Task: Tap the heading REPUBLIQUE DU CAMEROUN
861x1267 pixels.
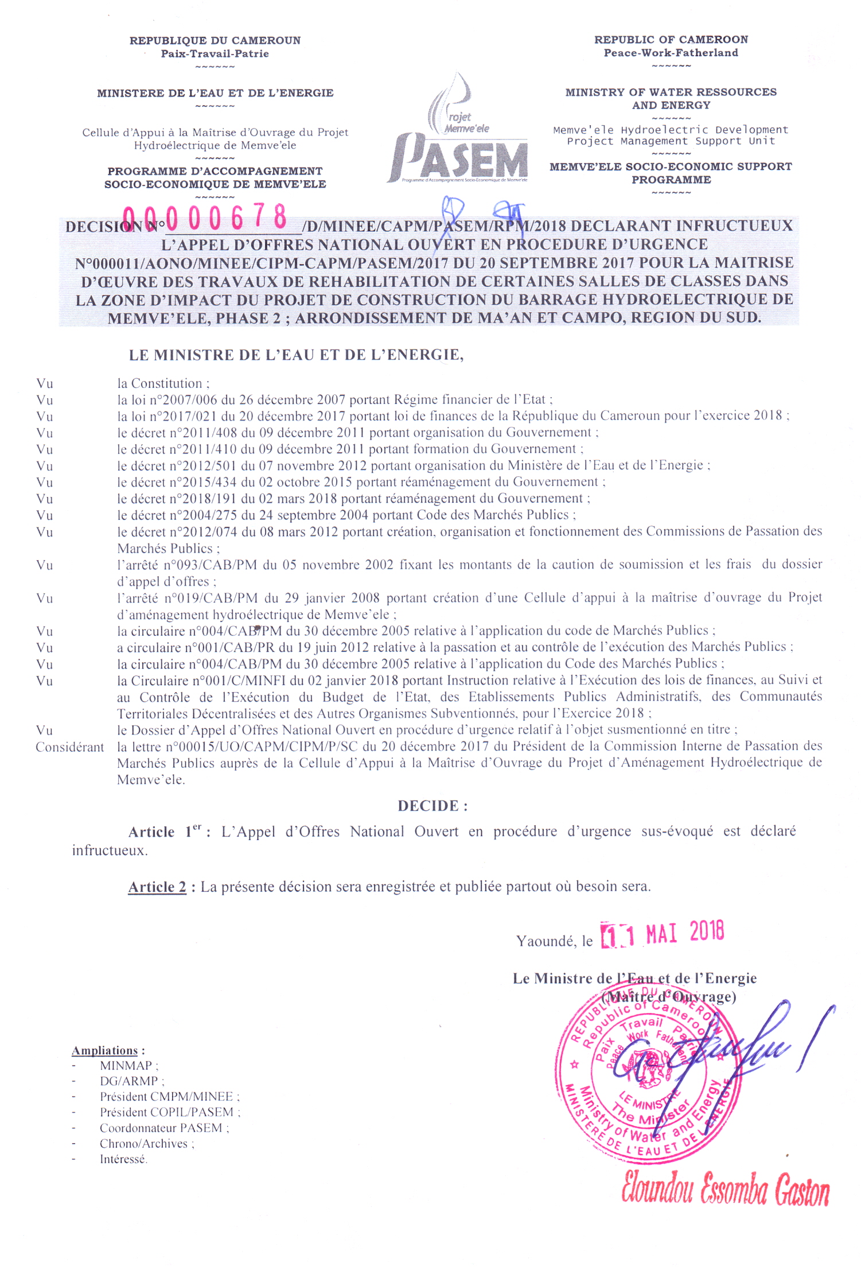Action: [x=215, y=40]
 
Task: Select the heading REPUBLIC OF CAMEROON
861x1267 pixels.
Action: [x=671, y=40]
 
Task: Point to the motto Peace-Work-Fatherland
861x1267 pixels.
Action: [x=671, y=53]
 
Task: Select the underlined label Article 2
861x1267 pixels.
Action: [x=157, y=887]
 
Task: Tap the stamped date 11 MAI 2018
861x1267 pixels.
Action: [x=662, y=934]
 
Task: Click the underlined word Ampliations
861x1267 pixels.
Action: [x=105, y=1051]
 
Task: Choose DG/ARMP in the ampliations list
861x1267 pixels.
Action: [x=129, y=1081]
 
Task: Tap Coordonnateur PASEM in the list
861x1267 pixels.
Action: [x=161, y=1128]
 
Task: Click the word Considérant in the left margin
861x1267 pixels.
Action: [x=70, y=747]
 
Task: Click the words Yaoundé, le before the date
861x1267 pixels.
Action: [x=554, y=941]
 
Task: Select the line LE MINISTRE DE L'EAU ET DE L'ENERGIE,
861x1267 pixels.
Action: [x=296, y=355]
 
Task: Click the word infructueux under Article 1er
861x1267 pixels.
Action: [x=110, y=850]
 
